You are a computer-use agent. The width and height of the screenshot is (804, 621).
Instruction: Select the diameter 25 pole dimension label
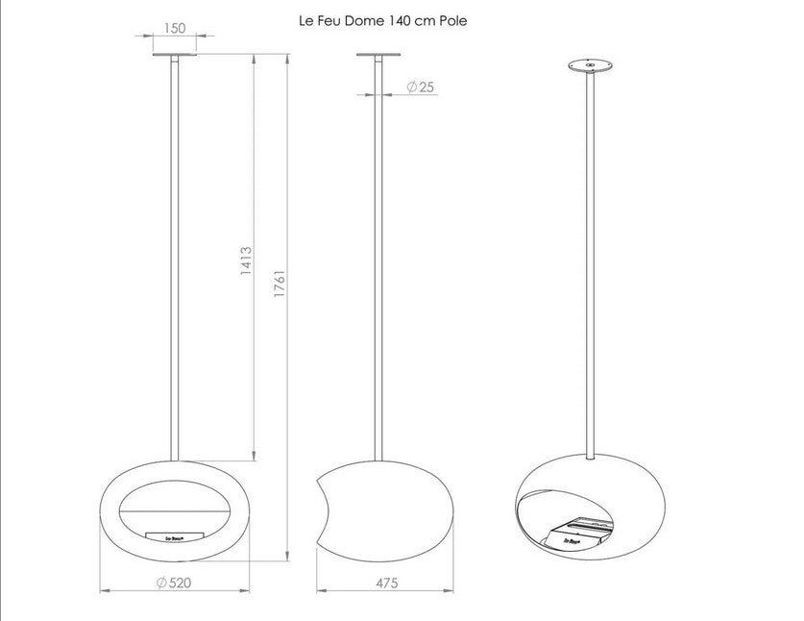tap(421, 87)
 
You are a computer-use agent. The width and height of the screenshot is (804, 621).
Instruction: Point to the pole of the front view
tap(174, 260)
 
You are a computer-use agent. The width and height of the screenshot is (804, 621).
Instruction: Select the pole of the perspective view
tap(589, 260)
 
